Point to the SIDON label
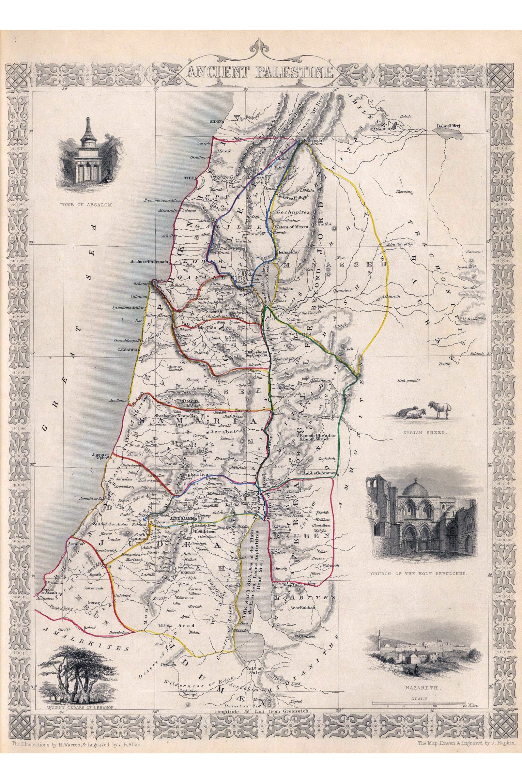tap(216, 122)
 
